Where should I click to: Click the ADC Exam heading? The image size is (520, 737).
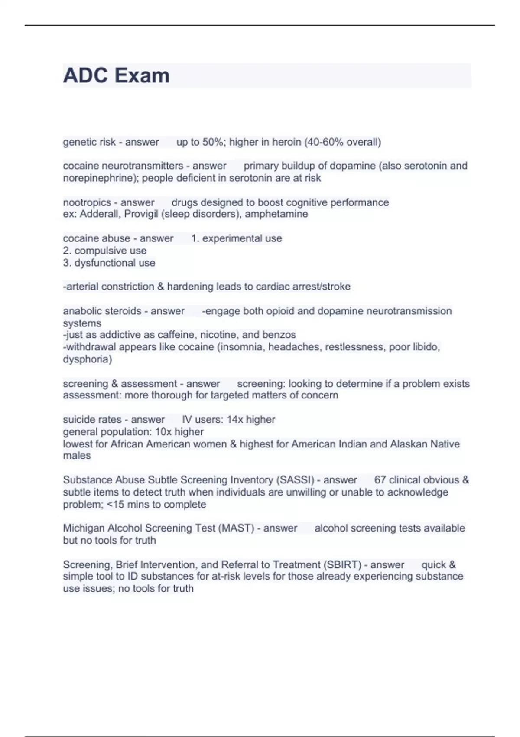pyautogui.click(x=116, y=75)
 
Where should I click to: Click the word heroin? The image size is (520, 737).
pyautogui.click(x=286, y=142)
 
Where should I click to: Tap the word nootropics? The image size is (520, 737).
pyautogui.click(x=87, y=202)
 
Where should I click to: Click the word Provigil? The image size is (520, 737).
pyautogui.click(x=141, y=214)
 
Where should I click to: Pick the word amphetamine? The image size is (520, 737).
pyautogui.click(x=276, y=214)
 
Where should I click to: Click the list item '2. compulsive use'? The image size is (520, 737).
pyautogui.click(x=104, y=251)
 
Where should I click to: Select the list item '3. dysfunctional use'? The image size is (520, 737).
pyautogui.click(x=109, y=263)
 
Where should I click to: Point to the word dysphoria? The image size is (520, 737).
pyautogui.click(x=87, y=359)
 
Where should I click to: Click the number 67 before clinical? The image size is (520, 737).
pyautogui.click(x=380, y=480)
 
